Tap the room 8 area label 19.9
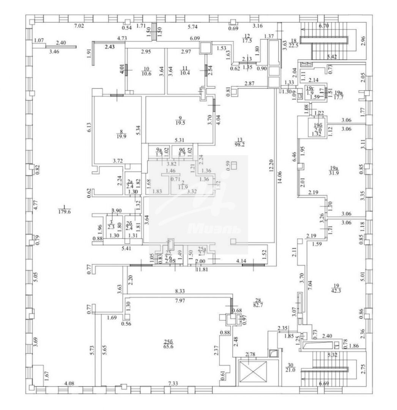coord(121,137)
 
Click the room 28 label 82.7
coord(260,304)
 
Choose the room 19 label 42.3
coord(335,291)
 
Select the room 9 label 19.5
coord(181,123)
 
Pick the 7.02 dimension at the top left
coord(79,26)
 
